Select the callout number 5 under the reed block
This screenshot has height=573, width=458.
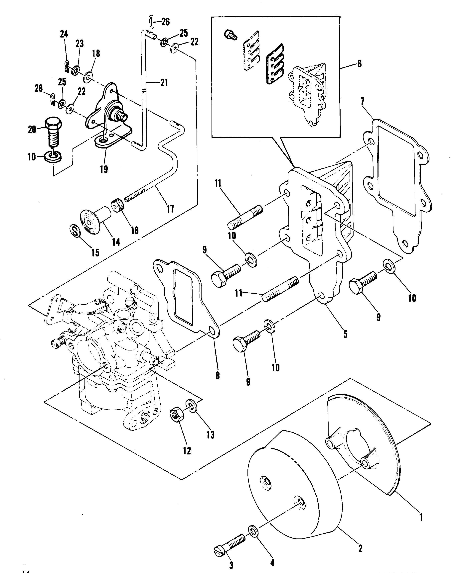point(345,334)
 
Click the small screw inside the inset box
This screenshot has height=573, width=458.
point(230,35)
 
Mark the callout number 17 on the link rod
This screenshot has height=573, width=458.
point(170,209)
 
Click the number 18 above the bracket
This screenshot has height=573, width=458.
point(96,53)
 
